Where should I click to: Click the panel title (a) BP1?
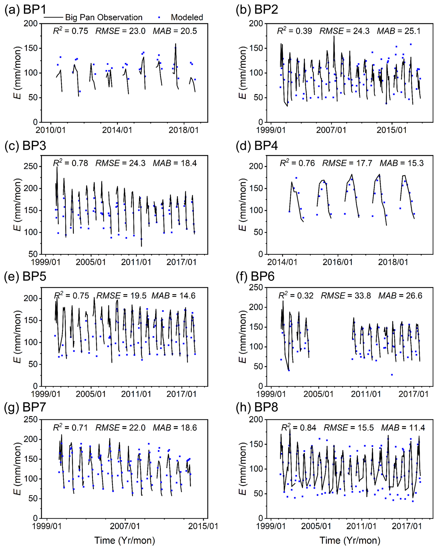(25, 10)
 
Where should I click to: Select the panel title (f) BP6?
(255, 276)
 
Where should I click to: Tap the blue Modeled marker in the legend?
(159, 17)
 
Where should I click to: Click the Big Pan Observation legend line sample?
(53, 17)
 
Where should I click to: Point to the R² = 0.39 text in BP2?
(294, 31)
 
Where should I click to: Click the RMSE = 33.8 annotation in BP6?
(346, 295)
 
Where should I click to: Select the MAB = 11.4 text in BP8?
(403, 428)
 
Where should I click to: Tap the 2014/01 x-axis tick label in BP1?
(117, 130)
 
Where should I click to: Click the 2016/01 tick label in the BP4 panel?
(338, 262)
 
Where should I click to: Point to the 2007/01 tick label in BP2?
(331, 130)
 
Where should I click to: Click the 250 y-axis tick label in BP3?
(31, 166)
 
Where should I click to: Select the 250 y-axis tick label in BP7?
(31, 419)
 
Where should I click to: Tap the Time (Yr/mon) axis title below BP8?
(350, 540)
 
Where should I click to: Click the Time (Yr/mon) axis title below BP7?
(125, 540)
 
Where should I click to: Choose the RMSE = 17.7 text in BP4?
(347, 163)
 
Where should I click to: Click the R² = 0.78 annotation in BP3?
(70, 163)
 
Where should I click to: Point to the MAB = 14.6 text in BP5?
(173, 295)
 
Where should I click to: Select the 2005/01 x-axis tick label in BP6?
(318, 394)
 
